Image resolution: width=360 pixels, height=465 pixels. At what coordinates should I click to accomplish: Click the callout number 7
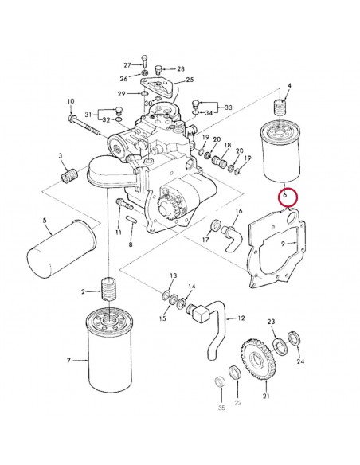(x=71, y=361)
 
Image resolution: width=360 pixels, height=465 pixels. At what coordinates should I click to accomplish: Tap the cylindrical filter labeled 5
(x=55, y=253)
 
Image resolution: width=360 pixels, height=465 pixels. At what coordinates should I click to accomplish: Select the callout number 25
(x=190, y=80)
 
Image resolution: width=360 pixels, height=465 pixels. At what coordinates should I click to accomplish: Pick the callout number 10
(x=70, y=101)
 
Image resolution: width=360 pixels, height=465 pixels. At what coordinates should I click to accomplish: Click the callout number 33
(x=229, y=107)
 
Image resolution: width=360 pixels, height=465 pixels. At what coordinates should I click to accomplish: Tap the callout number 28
(x=180, y=69)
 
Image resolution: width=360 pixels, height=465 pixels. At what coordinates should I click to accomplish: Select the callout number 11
(x=119, y=232)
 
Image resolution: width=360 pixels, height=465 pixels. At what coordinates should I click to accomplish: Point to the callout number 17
(x=205, y=239)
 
